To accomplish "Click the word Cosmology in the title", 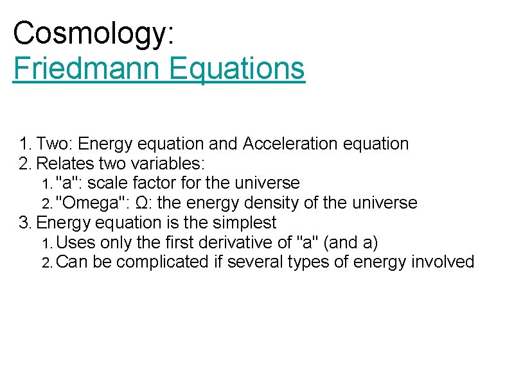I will (89, 34).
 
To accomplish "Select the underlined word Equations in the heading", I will (237, 68).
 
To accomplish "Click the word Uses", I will (75, 243).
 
